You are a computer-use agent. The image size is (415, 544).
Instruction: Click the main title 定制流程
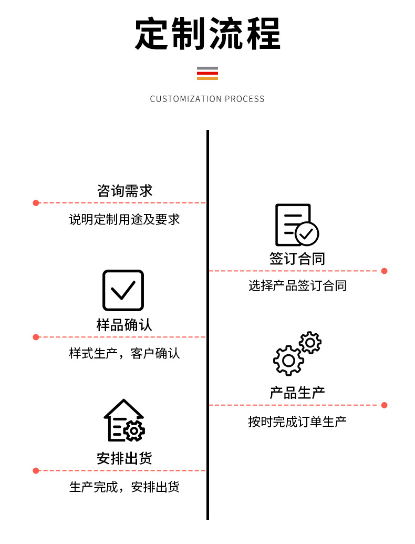click(x=207, y=34)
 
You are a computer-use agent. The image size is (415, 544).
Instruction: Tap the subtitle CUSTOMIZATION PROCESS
click(x=207, y=99)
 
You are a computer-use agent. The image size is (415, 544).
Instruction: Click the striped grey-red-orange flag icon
click(x=207, y=74)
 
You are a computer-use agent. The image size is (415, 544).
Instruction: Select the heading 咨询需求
click(x=125, y=191)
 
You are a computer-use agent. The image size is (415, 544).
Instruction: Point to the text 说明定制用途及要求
click(x=124, y=219)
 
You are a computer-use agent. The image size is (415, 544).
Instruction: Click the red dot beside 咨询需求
click(x=36, y=203)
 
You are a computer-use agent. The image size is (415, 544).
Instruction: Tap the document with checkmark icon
click(x=296, y=225)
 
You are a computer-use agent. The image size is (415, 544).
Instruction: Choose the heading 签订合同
click(x=297, y=259)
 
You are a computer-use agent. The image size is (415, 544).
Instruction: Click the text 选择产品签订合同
click(x=297, y=286)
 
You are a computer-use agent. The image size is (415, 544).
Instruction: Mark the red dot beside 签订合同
click(x=384, y=271)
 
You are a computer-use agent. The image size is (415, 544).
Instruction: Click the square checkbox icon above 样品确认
click(x=123, y=290)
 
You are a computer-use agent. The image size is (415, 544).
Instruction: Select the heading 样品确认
click(x=124, y=325)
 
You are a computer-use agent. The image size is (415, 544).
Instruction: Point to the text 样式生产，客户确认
click(x=124, y=353)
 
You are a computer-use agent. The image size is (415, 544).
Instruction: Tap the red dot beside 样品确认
click(x=36, y=337)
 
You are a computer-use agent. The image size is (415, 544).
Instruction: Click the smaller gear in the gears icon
click(x=310, y=343)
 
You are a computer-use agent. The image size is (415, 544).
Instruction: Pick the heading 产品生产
click(x=297, y=393)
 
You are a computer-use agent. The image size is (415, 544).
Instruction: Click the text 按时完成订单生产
click(x=297, y=421)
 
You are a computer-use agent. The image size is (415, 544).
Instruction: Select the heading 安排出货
click(x=124, y=458)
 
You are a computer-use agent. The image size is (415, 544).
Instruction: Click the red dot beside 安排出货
click(x=36, y=470)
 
